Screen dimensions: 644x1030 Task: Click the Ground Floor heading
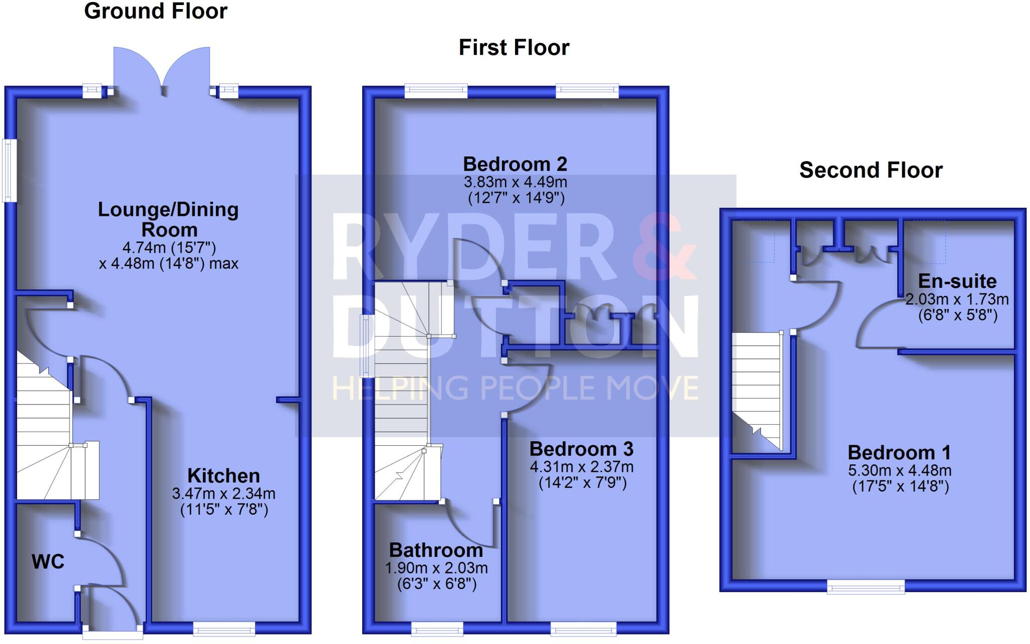coord(155,11)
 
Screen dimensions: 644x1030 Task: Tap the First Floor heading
coord(513,48)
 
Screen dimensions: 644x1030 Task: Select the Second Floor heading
coord(871,170)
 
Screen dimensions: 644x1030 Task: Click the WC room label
coord(48,561)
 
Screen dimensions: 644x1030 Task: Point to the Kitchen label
coord(223,475)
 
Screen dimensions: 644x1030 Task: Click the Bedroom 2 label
coord(515,164)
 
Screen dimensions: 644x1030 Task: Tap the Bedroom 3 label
coord(581,449)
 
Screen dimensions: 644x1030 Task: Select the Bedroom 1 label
coord(899,452)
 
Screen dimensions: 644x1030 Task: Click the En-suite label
coord(957,281)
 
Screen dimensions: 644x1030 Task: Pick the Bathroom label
coord(436,550)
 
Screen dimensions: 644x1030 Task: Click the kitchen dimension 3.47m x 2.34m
coord(223,494)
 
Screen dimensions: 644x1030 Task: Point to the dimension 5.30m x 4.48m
coord(899,471)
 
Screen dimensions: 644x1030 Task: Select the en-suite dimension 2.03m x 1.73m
coord(957,299)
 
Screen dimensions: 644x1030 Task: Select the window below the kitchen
coord(224,628)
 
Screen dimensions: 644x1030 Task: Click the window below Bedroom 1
coord(866,586)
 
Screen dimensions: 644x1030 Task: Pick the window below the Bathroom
coord(437,628)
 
